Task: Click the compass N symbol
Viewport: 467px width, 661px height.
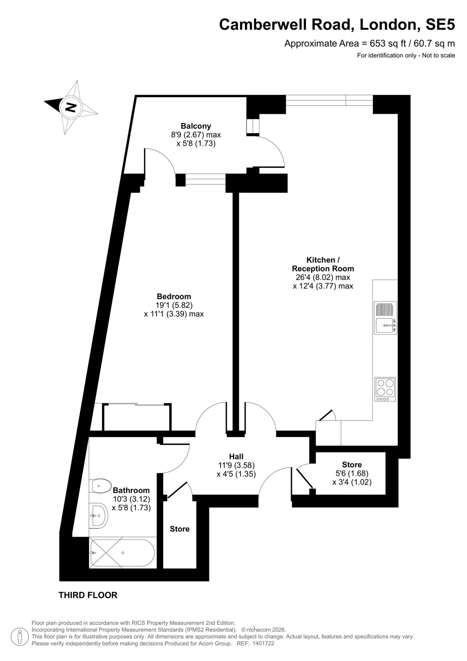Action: pyautogui.click(x=71, y=107)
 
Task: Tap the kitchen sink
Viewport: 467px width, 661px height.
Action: pyautogui.click(x=385, y=318)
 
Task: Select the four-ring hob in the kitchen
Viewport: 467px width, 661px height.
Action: pyautogui.click(x=385, y=389)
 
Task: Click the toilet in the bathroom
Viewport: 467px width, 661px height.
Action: pyautogui.click(x=100, y=486)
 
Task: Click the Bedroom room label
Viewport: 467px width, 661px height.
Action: pyautogui.click(x=174, y=296)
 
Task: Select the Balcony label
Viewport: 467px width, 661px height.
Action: pyautogui.click(x=196, y=126)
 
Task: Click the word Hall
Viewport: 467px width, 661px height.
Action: pyautogui.click(x=236, y=457)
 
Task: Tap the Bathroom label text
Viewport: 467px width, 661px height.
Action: pyautogui.click(x=131, y=490)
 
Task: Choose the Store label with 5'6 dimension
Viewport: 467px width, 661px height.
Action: pyautogui.click(x=352, y=465)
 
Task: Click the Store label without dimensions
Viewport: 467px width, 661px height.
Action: pyautogui.click(x=179, y=529)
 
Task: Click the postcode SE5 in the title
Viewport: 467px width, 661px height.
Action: pyautogui.click(x=440, y=24)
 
